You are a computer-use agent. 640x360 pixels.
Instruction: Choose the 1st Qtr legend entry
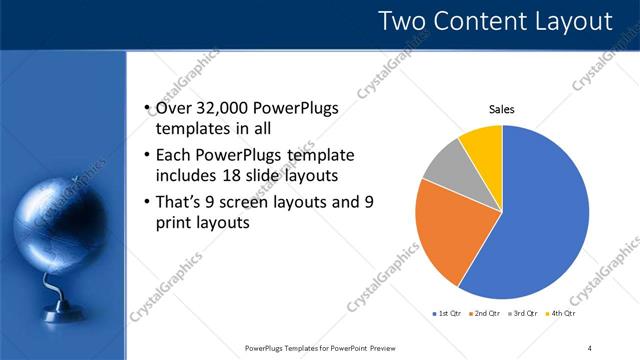(447, 313)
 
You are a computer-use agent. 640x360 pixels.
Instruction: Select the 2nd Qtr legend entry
(487, 313)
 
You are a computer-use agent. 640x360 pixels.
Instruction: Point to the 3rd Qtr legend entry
(526, 313)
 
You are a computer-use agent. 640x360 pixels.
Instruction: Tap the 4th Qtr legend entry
(564, 313)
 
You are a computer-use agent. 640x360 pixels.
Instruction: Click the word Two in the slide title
(409, 21)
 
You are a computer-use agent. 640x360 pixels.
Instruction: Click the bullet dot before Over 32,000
(148, 109)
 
